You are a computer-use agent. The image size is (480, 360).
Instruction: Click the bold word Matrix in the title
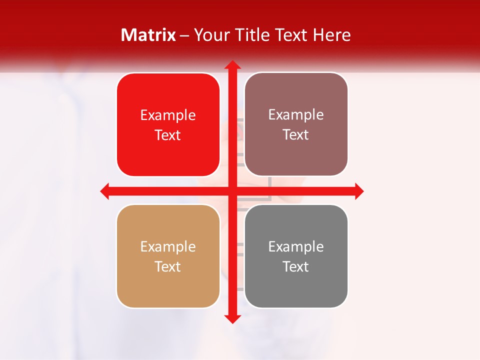click(148, 35)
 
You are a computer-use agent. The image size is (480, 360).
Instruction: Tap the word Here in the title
click(332, 35)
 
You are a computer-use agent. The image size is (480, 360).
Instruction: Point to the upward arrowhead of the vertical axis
click(232, 65)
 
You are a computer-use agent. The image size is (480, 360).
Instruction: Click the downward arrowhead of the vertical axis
click(232, 319)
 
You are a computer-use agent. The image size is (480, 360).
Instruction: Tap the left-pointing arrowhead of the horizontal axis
click(105, 191)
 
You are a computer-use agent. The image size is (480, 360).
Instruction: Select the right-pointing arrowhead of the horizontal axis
click(359, 191)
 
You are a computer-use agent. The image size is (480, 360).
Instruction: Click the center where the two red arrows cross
click(232, 191)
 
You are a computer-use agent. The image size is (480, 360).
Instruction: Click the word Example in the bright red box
click(168, 115)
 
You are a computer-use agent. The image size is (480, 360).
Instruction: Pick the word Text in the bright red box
click(168, 135)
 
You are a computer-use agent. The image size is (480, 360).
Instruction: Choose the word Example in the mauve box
click(296, 115)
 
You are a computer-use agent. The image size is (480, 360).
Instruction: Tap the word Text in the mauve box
click(296, 135)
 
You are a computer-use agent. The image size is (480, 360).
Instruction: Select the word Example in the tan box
click(168, 247)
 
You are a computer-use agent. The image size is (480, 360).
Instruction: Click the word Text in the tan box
click(168, 267)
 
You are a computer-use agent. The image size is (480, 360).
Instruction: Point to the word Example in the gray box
click(296, 247)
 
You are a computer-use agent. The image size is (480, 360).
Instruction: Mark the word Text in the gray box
click(296, 267)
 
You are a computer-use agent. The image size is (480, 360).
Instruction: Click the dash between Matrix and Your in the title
click(184, 35)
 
